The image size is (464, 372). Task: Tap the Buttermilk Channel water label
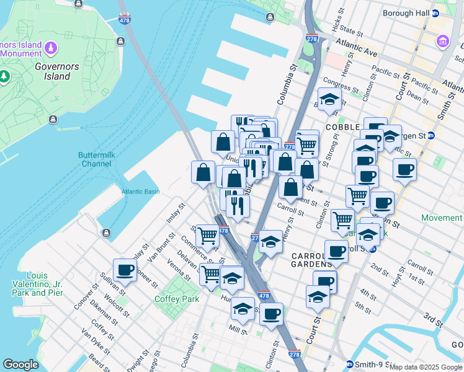click(x=95, y=159)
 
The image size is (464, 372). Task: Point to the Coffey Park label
click(x=177, y=299)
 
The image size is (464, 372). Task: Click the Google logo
click(x=20, y=365)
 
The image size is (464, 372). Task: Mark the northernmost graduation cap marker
click(x=329, y=99)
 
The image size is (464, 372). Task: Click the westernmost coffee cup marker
click(x=125, y=270)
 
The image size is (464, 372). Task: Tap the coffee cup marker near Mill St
click(x=270, y=314)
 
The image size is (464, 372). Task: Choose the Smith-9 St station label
click(x=371, y=364)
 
